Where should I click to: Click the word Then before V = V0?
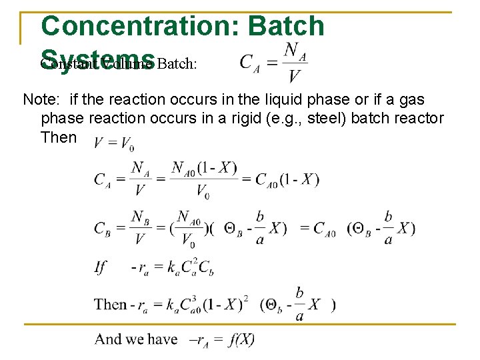click(59, 137)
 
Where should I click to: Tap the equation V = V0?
click(113, 143)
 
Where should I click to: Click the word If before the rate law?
click(101, 267)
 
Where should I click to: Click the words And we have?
click(136, 339)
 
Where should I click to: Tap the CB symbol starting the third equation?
click(103, 228)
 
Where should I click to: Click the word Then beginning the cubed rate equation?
click(110, 305)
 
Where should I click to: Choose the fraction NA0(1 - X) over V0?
click(204, 179)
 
